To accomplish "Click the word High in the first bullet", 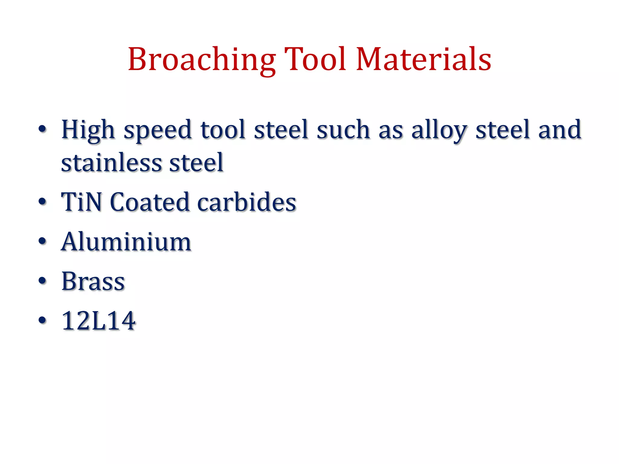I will tap(88, 130).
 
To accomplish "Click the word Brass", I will tap(93, 281).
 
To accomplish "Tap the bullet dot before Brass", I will tap(43, 281).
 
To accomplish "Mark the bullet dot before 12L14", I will tap(43, 320).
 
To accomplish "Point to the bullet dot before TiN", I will tap(43, 201).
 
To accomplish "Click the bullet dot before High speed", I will tap(43, 129).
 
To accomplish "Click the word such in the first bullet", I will tap(343, 130).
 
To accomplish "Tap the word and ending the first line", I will tap(559, 130).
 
